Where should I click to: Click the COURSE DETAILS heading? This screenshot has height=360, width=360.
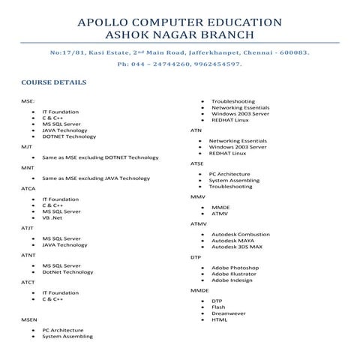pos(53,82)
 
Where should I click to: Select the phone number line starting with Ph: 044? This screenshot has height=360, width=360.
pos(179,65)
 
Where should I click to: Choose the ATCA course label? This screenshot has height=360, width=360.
pos(28,188)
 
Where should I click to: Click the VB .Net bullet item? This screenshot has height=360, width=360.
pos(52,217)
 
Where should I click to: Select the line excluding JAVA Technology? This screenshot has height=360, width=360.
pos(96,178)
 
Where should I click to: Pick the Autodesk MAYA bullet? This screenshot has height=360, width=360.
pos(232,240)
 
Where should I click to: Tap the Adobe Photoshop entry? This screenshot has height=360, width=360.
pos(235,268)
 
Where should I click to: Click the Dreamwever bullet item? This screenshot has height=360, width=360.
pos(228,313)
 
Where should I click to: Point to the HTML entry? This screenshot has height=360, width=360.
pos(219,319)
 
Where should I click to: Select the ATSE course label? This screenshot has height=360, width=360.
pos(197,163)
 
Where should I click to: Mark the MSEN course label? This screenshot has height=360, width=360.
pos(28,319)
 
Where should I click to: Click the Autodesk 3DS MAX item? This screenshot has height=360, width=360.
pos(236,247)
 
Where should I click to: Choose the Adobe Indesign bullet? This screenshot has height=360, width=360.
pos(232,280)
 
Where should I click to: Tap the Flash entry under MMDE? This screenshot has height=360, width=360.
pos(218,307)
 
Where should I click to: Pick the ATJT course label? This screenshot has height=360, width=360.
pos(27,227)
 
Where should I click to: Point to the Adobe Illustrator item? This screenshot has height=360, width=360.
pos(234,274)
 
